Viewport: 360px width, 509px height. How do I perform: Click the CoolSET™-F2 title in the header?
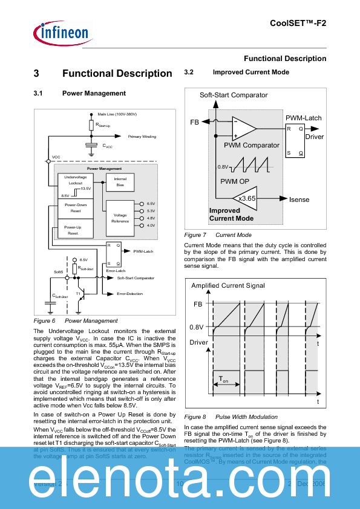(x=298, y=22)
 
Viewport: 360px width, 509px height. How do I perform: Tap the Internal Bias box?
(x=120, y=182)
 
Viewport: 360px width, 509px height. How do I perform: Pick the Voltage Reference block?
(x=120, y=218)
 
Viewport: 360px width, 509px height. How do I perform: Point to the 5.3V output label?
(x=151, y=211)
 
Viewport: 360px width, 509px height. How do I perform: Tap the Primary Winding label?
(x=142, y=137)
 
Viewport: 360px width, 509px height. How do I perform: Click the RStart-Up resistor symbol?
(x=91, y=125)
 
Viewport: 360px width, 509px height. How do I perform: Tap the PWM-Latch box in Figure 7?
(x=296, y=141)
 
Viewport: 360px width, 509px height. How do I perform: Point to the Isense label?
(x=299, y=199)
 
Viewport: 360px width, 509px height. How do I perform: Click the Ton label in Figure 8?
(x=224, y=381)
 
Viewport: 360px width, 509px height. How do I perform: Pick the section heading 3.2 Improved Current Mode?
(x=236, y=73)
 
